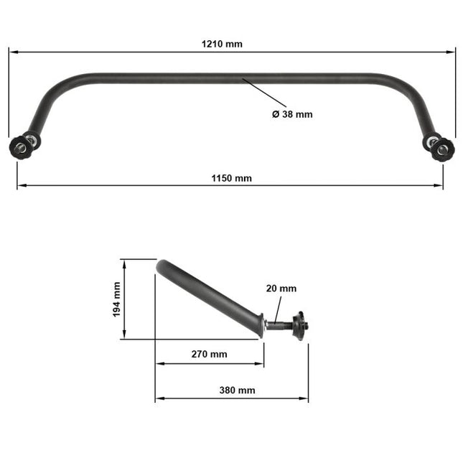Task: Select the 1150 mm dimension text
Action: (231, 178)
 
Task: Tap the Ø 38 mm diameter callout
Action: (292, 114)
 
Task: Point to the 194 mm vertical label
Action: (117, 299)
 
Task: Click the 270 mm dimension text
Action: (209, 354)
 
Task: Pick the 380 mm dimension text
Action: (237, 390)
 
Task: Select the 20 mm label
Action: (281, 289)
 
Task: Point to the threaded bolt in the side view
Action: (279, 325)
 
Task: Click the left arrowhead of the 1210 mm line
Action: (11, 52)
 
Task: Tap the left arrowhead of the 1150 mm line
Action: (20, 186)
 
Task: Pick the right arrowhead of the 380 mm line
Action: (305, 398)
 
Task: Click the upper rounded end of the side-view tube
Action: (161, 267)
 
